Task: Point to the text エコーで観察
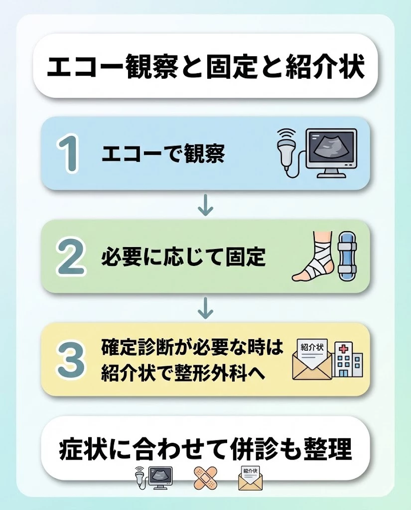pyautogui.click(x=163, y=154)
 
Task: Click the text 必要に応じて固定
pyautogui.click(x=183, y=257)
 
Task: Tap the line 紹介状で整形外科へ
pyautogui.click(x=185, y=373)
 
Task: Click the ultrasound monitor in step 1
pyautogui.click(x=331, y=151)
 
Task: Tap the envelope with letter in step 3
pyautogui.click(x=311, y=360)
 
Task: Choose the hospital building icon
pyautogui.click(x=348, y=360)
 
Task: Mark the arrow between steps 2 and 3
pyautogui.click(x=205, y=309)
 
